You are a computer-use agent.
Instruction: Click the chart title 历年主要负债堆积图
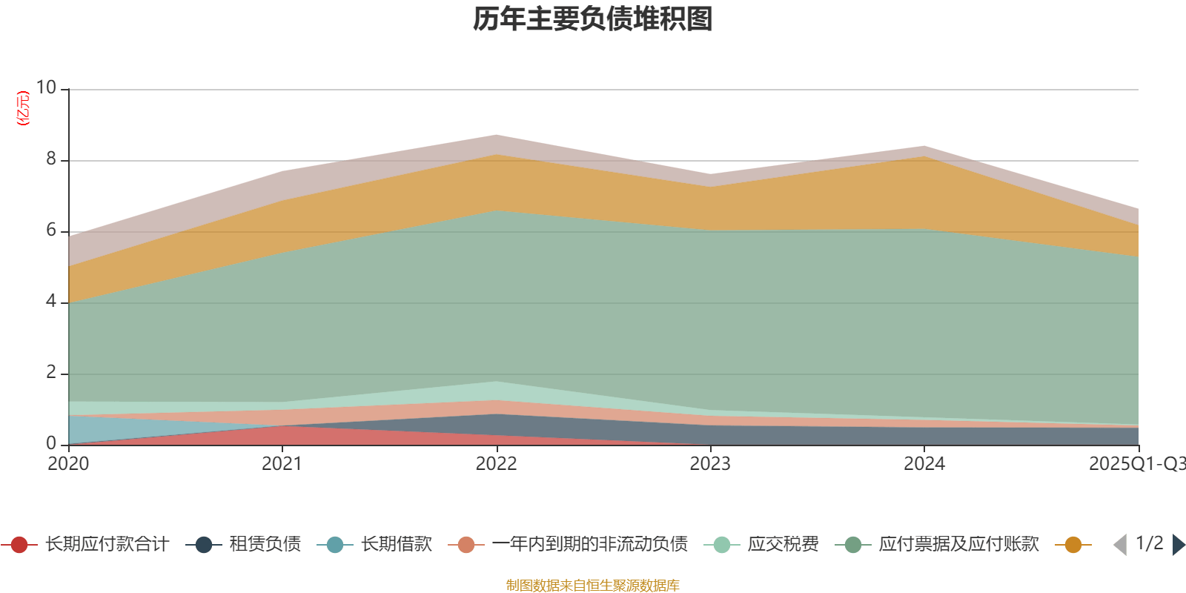pos(593,20)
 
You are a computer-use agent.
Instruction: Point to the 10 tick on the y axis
pos(46,88)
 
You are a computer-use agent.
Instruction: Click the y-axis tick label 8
pos(50,159)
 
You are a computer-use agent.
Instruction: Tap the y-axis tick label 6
pos(50,231)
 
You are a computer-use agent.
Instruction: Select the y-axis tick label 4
pos(50,302)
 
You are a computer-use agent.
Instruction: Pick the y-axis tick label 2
pos(50,373)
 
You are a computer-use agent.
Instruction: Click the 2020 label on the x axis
pos(68,464)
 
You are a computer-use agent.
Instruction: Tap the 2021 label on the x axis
pos(282,464)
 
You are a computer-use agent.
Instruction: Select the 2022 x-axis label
pos(496,464)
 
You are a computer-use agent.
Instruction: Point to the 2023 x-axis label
pos(710,464)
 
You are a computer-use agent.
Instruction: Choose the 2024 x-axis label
pos(924,464)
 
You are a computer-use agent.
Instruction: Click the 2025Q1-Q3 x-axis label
pos(1136,464)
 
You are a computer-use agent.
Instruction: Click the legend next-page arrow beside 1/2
pos(1178,545)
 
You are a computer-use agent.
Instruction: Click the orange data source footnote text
pos(592,586)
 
